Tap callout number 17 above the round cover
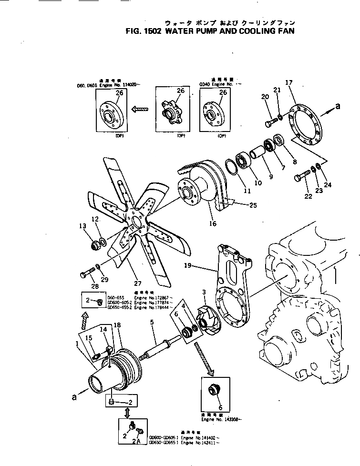(288, 83)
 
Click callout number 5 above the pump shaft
(152, 322)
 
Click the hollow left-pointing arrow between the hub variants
(142, 109)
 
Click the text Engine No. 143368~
(221, 420)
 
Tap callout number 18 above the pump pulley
(117, 325)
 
